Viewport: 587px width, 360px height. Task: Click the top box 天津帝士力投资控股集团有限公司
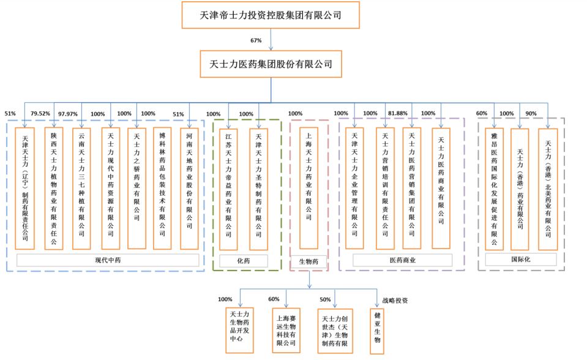pos(271,15)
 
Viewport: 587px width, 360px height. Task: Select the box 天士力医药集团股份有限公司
pos(271,64)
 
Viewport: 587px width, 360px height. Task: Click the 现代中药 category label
pos(108,260)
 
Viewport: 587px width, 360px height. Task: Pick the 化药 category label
pos(244,261)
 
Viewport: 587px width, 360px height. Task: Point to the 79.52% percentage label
pos(40,113)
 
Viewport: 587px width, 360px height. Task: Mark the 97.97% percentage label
pos(68,114)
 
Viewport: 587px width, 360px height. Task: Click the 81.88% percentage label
pos(398,113)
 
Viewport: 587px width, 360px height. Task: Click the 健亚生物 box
pos(378,331)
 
